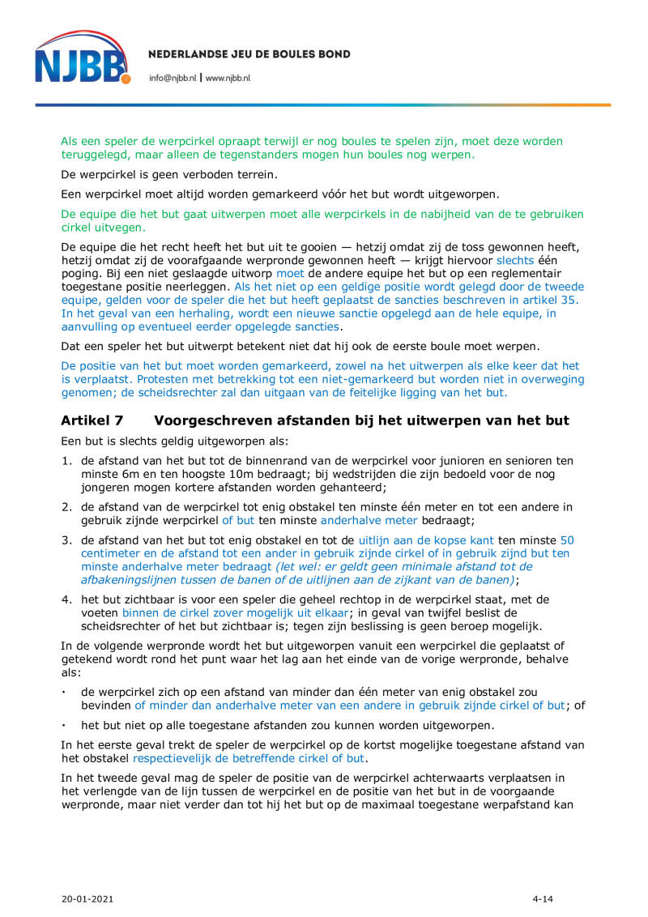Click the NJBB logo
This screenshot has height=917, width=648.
coord(82,58)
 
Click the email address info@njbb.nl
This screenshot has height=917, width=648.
coord(172,78)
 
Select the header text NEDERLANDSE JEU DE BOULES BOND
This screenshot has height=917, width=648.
coord(249,54)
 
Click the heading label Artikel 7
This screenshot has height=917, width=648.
coord(92,420)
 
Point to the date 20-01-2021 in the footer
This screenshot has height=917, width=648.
coord(86,898)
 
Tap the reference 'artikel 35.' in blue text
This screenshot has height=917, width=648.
coord(552,300)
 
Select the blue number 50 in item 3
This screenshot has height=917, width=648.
coord(567,539)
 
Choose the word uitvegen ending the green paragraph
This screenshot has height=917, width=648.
coord(124,228)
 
